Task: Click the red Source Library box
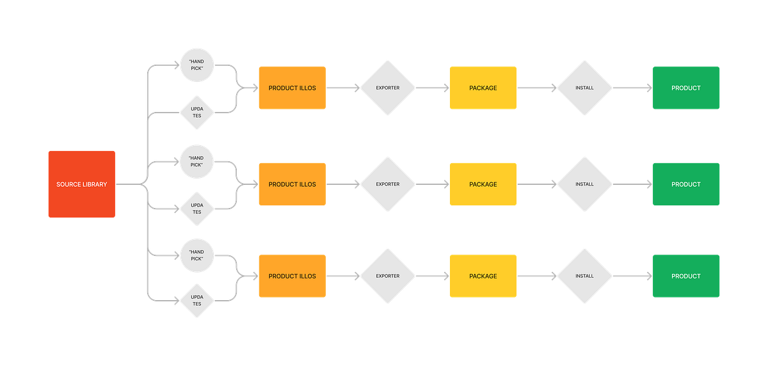click(81, 184)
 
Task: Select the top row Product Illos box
click(292, 88)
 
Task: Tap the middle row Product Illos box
click(292, 184)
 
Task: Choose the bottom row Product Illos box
click(292, 276)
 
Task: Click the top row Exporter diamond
click(388, 88)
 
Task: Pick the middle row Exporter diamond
click(388, 184)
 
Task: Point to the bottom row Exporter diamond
click(388, 276)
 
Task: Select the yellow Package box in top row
click(483, 88)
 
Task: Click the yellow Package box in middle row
click(483, 184)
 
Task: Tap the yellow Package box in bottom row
click(483, 276)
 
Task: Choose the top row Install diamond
click(584, 88)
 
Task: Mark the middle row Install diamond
click(584, 184)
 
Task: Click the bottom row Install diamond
click(584, 276)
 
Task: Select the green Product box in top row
click(686, 88)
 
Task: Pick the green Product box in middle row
click(686, 184)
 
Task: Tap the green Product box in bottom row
click(686, 276)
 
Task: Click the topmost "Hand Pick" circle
click(196, 65)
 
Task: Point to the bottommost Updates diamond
click(196, 300)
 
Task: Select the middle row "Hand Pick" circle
click(196, 161)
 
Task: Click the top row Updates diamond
click(196, 112)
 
